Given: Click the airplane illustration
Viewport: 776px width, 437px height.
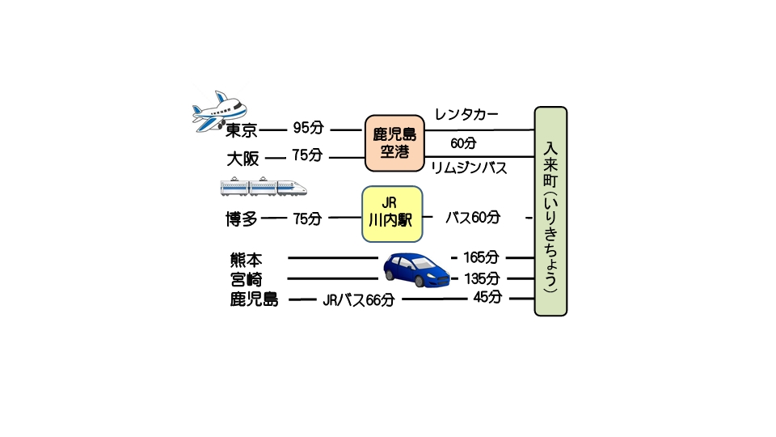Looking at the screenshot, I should click(221, 110).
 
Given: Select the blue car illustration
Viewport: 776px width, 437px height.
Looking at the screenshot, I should click(416, 269).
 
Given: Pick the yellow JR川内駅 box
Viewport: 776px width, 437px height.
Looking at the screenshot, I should click(392, 214).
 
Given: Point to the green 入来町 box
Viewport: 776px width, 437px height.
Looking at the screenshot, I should click(550, 211).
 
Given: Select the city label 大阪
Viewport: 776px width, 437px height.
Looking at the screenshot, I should click(242, 158).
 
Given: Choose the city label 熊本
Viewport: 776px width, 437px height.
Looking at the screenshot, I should click(246, 260).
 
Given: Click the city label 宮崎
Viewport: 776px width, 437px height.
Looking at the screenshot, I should click(246, 279).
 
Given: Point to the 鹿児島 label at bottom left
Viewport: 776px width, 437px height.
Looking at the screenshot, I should click(254, 300).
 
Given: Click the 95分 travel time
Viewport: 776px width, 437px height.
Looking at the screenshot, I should click(308, 129).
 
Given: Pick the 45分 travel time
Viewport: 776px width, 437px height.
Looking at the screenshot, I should click(487, 297).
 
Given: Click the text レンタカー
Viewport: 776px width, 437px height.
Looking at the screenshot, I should click(466, 114).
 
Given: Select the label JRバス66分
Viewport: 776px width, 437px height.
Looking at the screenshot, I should click(358, 300).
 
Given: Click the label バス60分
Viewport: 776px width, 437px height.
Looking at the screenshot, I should click(473, 218).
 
